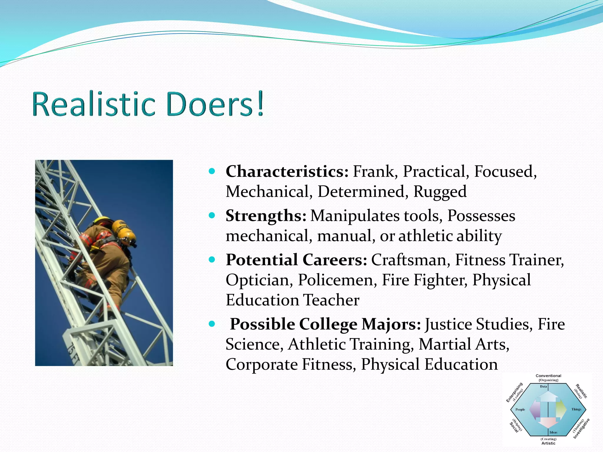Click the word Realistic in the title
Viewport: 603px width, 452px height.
(94, 104)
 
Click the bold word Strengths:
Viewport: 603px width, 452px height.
(266, 216)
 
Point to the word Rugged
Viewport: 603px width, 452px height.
(440, 192)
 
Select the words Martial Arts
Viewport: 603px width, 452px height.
(464, 344)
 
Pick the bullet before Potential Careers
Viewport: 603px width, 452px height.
(212, 260)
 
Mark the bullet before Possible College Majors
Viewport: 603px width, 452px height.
(212, 324)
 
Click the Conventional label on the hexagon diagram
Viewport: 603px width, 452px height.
(548, 376)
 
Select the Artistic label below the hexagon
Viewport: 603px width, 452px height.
(548, 443)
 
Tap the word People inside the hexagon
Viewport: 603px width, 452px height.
(520, 409)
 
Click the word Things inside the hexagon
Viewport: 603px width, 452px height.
(576, 409)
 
